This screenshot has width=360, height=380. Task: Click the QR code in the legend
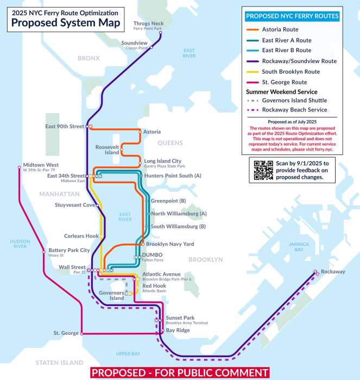[263, 170]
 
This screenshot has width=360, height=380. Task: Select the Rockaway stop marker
[315, 272]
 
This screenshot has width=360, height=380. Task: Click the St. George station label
[66, 333]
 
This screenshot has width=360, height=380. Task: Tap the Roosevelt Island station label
[107, 150]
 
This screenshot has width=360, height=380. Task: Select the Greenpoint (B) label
[168, 201]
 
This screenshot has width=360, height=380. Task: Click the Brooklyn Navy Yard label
[170, 244]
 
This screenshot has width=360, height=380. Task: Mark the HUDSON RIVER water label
[20, 243]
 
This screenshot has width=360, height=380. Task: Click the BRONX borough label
[89, 58]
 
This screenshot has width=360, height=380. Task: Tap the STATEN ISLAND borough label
[60, 363]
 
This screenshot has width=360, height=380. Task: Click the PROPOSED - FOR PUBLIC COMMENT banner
[180, 373]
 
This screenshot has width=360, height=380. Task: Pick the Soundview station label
[134, 43]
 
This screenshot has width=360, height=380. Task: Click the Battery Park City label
[70, 251]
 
